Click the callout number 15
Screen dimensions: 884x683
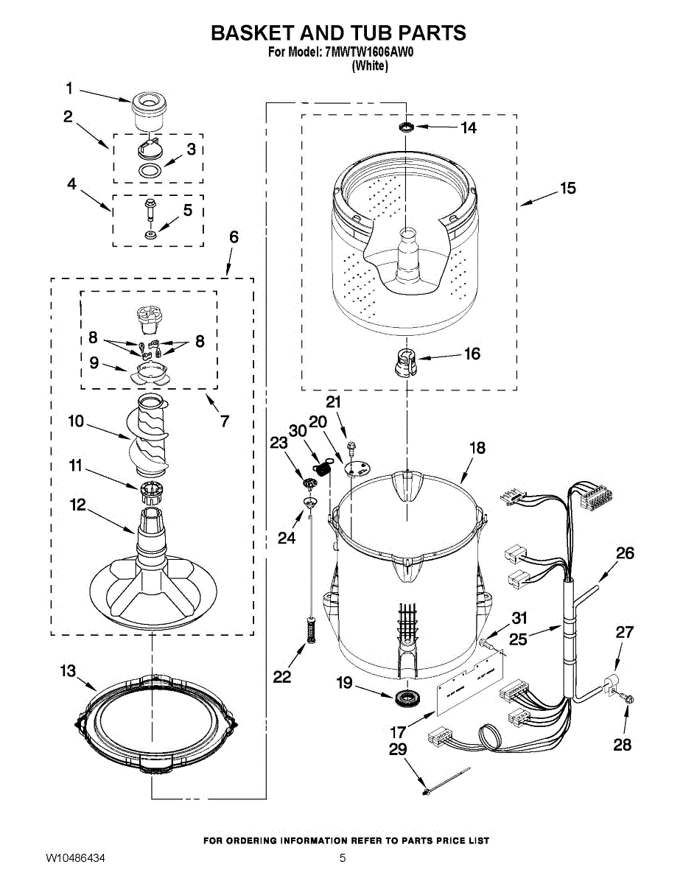[x=567, y=189]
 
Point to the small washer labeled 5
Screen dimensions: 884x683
[x=150, y=234]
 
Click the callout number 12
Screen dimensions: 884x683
[x=77, y=505]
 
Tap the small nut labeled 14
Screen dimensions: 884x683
[x=406, y=128]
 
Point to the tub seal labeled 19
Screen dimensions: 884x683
[x=405, y=697]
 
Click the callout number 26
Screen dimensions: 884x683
[x=625, y=553]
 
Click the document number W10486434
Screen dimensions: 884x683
[x=85, y=858]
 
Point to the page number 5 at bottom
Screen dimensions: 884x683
[x=343, y=858]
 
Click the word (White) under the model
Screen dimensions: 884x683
[x=370, y=66]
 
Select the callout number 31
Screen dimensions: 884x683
[x=519, y=617]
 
